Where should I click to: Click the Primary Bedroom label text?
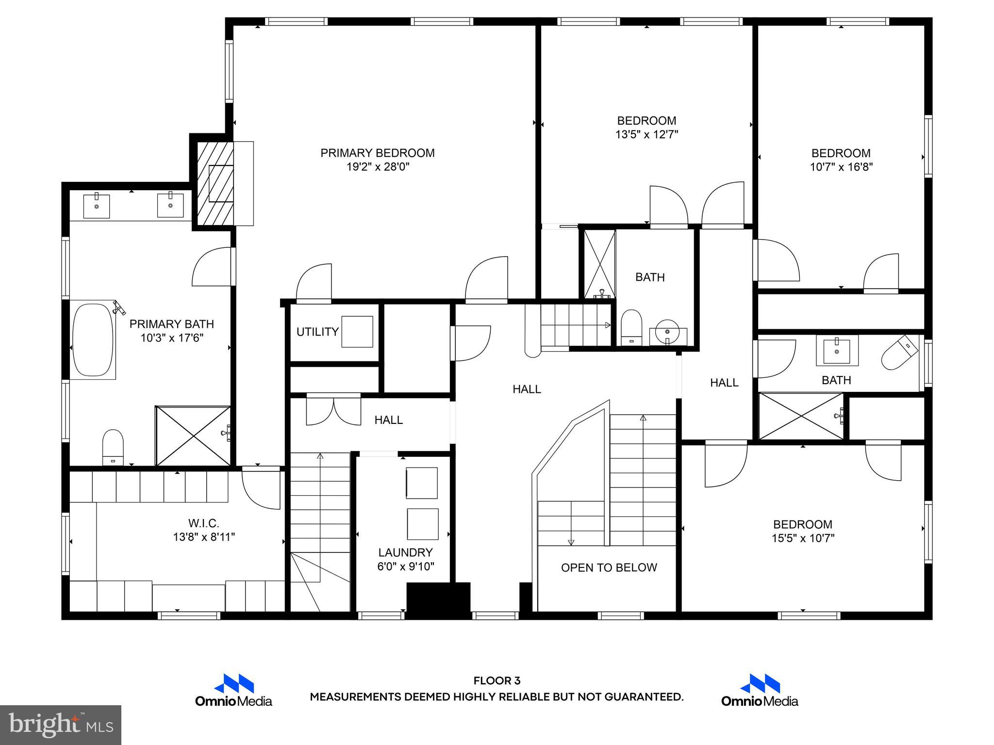377,153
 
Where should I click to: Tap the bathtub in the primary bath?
93,340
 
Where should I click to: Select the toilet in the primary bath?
113,447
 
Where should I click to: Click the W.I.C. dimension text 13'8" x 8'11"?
204,537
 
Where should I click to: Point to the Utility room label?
317,332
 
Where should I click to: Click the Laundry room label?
405,552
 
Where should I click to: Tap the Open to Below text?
609,567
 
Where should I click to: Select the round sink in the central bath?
668,332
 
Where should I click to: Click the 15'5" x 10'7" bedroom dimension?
803,538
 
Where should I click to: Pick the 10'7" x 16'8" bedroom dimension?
841,167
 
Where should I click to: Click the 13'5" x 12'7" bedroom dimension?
646,134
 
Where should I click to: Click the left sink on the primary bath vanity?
96,206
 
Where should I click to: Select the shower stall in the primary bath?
193,436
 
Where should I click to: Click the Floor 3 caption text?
497,681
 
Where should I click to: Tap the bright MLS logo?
61,725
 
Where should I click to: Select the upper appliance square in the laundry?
421,483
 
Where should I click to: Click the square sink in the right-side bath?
837,350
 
